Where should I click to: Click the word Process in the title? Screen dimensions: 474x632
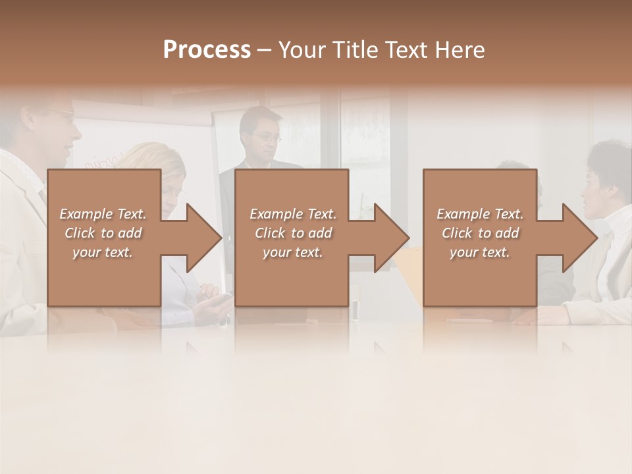pyautogui.click(x=207, y=50)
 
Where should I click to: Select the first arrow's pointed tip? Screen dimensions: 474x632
pyautogui.click(x=221, y=238)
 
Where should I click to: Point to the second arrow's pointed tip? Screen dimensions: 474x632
pyautogui.click(x=408, y=238)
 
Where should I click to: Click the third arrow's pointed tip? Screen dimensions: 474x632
pyautogui.click(x=596, y=238)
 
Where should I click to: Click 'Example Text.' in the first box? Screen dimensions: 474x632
pyautogui.click(x=103, y=214)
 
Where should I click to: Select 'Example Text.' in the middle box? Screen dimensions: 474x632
pyautogui.click(x=293, y=214)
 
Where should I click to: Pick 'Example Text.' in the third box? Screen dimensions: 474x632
pyautogui.click(x=480, y=214)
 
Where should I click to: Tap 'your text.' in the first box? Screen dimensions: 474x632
pyautogui.click(x=103, y=252)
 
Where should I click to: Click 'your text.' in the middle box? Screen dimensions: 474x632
pyautogui.click(x=292, y=252)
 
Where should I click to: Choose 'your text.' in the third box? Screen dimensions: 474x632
pyautogui.click(x=479, y=252)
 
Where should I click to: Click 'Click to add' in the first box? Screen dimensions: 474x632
pyautogui.click(x=103, y=233)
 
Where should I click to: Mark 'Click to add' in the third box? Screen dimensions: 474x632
pyautogui.click(x=480, y=233)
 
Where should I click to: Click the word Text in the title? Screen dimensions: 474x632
pyautogui.click(x=406, y=50)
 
